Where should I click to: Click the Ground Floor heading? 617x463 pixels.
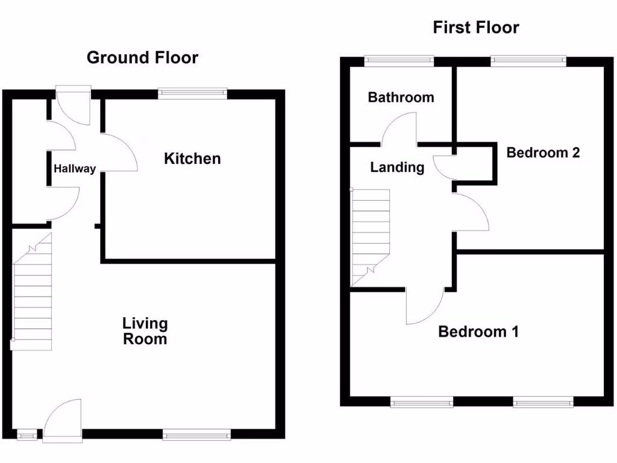[x=142, y=58]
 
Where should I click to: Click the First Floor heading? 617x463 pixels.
[x=476, y=28]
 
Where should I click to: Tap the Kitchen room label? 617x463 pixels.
[x=192, y=159]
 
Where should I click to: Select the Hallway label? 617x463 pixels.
[x=75, y=169]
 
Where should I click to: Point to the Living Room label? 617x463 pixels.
[x=145, y=331]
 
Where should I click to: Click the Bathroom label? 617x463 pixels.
[x=401, y=98]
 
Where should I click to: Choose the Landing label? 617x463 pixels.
[x=396, y=168]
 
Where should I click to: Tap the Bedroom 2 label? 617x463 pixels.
[x=543, y=153]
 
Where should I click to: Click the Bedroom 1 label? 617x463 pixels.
[x=478, y=332]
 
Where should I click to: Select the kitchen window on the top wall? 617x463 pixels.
[x=193, y=93]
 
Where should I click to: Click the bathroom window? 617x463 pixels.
[x=399, y=60]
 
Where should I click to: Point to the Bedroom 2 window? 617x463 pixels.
[x=528, y=60]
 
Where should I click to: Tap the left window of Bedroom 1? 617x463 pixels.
[x=422, y=402]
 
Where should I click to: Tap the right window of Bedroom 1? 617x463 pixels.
[x=543, y=402]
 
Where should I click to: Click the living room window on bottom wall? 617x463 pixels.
[x=196, y=433]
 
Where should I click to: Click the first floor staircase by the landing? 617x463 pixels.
[x=371, y=235]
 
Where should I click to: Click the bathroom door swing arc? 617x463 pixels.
[x=399, y=129]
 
